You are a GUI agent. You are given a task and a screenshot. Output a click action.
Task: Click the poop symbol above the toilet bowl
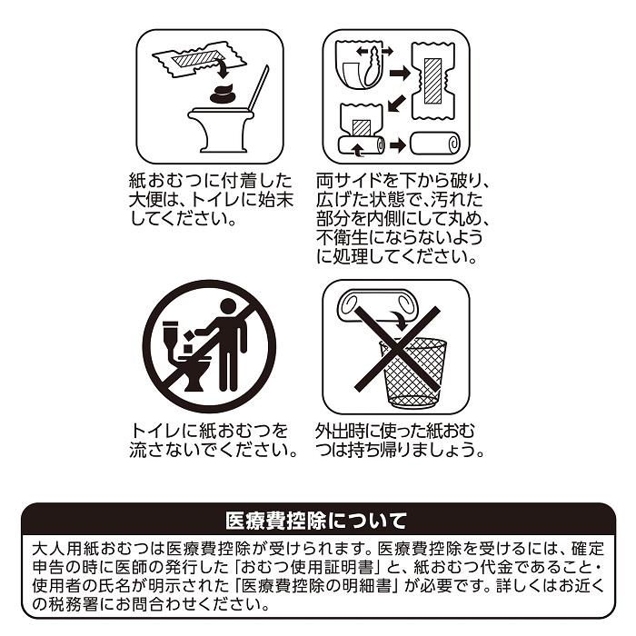[x=221, y=93]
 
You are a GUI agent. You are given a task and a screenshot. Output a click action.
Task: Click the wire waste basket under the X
[x=412, y=372]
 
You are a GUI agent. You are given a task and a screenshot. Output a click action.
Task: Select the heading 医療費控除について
[x=317, y=521]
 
